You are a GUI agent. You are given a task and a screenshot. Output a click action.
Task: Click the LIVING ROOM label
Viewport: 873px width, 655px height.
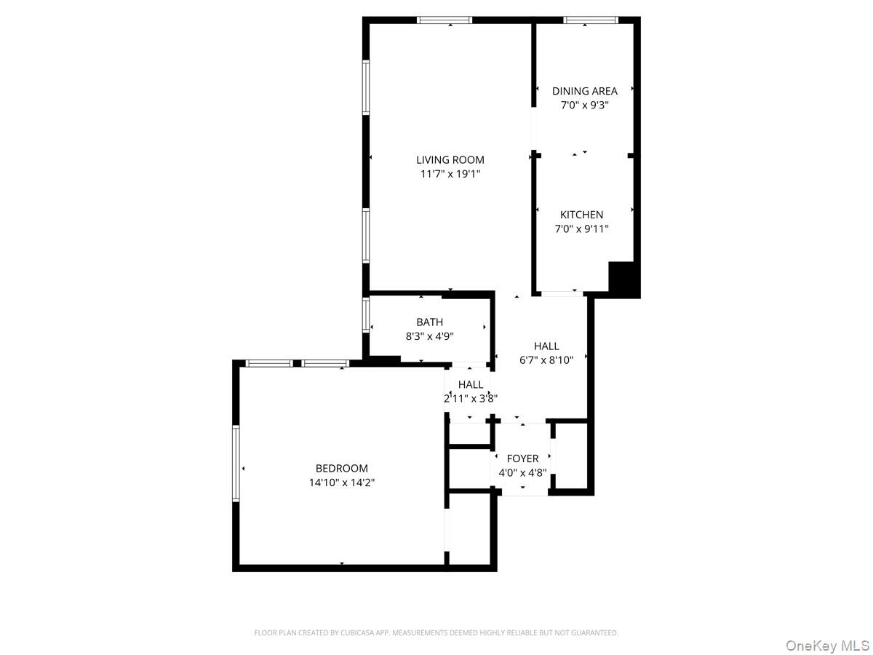click(x=450, y=160)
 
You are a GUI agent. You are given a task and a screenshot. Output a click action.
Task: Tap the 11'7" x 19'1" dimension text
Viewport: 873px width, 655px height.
click(x=450, y=174)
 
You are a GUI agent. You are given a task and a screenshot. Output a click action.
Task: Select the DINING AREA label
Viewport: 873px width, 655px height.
click(x=584, y=91)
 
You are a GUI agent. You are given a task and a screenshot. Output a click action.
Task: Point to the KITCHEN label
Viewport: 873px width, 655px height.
click(x=581, y=215)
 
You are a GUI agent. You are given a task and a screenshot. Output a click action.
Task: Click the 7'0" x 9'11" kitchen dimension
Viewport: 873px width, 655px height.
click(x=581, y=229)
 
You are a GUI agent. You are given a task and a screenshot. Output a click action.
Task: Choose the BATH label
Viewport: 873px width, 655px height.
click(x=429, y=322)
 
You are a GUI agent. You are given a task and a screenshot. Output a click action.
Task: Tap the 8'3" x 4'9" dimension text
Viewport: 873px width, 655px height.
click(x=429, y=336)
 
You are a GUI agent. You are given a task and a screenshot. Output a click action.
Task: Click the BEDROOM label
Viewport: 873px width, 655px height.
click(x=341, y=469)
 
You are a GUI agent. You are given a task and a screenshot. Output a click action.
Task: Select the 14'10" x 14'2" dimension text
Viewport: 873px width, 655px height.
click(x=341, y=483)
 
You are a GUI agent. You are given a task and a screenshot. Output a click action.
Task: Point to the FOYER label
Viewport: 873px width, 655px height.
click(x=522, y=458)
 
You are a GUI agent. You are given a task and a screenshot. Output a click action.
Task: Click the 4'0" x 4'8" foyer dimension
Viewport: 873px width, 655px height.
click(x=522, y=472)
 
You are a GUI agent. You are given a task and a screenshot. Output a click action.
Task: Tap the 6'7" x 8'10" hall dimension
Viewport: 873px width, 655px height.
click(x=546, y=360)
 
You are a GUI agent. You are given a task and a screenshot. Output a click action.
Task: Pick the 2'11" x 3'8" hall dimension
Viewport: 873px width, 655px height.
click(x=471, y=398)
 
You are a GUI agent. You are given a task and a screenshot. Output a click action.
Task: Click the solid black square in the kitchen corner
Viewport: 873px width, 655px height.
click(x=623, y=279)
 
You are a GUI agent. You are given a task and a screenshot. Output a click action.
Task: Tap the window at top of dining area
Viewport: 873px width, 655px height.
click(x=591, y=20)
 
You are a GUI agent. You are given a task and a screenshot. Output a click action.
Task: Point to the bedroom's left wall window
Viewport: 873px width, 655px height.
click(x=236, y=463)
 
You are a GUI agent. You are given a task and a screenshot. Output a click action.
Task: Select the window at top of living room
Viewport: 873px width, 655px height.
click(x=445, y=20)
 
